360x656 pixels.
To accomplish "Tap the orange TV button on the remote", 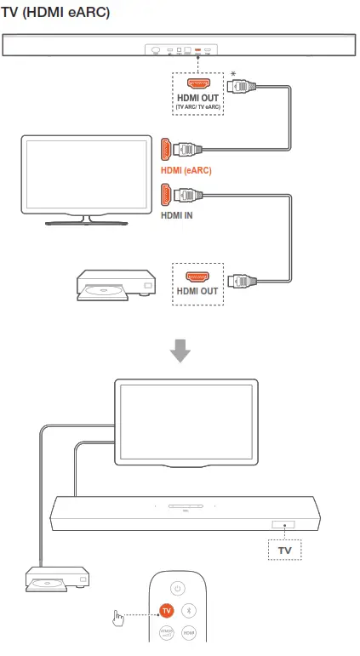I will pyautogui.click(x=165, y=611).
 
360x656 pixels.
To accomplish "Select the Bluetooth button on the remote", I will pyautogui.click(x=191, y=611).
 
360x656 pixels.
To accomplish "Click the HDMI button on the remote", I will pyautogui.click(x=191, y=633).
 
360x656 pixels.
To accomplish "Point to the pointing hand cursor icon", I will pyautogui.click(x=118, y=617).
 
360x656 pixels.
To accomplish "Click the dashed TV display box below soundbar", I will pyautogui.click(x=284, y=550).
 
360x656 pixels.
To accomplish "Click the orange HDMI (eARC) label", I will pyautogui.click(x=186, y=170).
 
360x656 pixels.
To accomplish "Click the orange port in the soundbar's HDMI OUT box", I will pyautogui.click(x=198, y=84).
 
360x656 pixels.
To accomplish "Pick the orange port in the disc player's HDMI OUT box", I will pyautogui.click(x=197, y=278).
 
